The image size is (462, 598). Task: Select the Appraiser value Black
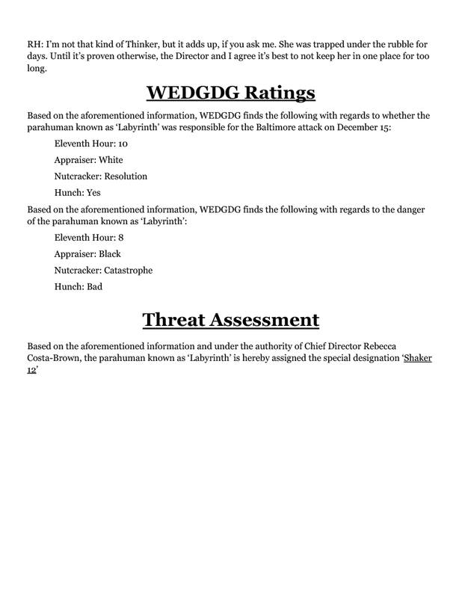pos(108,255)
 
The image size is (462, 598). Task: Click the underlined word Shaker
pos(419,358)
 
